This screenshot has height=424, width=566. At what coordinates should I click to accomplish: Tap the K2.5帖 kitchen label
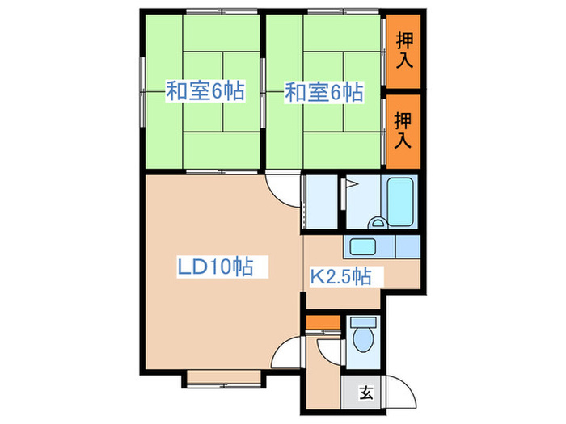pos(340,277)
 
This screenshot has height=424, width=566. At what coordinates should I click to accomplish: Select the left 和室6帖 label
pos(205,91)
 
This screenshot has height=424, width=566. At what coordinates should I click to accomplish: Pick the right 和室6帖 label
pos(323,91)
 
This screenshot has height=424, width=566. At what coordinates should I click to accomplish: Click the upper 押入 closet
pos(403,52)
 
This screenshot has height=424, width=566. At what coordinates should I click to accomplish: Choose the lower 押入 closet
pos(403,132)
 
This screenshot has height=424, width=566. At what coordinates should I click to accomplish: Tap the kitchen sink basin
pos(362,246)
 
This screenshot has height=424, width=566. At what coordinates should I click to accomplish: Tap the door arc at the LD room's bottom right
pos(286,356)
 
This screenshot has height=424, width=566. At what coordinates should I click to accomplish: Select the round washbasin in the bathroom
pos(376,222)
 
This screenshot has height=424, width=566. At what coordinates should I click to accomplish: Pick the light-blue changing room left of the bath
pos(323,203)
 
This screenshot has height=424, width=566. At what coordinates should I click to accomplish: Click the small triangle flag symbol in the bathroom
pos(350,183)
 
